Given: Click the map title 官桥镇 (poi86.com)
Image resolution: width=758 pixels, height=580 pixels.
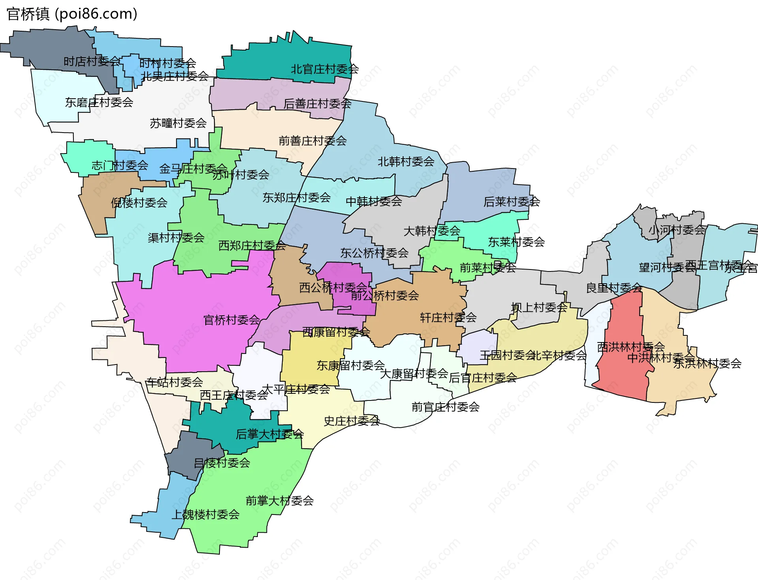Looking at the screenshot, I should [72, 14].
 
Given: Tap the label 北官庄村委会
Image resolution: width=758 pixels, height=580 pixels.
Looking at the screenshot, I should [325, 69].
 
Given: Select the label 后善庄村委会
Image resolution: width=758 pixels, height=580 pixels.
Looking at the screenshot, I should [317, 104].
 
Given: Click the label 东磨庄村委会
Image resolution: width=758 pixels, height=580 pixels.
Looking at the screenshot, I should [99, 103].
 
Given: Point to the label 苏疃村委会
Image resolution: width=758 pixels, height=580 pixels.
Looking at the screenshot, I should [178, 123].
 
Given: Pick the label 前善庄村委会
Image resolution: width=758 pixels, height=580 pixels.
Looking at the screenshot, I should [313, 141].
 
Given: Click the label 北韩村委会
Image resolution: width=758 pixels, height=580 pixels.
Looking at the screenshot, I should [406, 162].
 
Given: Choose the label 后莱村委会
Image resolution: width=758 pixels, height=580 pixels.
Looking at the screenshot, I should [512, 202].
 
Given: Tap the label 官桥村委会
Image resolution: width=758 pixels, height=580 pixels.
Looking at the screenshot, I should [232, 320].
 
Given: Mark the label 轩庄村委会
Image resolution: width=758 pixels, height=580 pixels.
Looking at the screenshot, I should [448, 318].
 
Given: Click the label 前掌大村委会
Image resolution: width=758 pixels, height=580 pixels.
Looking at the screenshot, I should [280, 501].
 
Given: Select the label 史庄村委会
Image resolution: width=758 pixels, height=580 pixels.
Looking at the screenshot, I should [352, 421].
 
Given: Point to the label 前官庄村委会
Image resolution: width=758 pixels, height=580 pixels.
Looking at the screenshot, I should [445, 407].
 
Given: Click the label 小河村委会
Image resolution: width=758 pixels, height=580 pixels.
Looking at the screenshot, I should [677, 230].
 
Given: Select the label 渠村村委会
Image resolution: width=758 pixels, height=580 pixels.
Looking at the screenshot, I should [176, 238].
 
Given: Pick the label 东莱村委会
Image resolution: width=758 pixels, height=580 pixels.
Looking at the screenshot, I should [516, 242].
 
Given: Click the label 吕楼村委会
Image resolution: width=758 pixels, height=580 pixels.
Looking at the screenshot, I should [222, 463].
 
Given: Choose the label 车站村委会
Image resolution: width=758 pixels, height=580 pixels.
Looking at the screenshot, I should [174, 382].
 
